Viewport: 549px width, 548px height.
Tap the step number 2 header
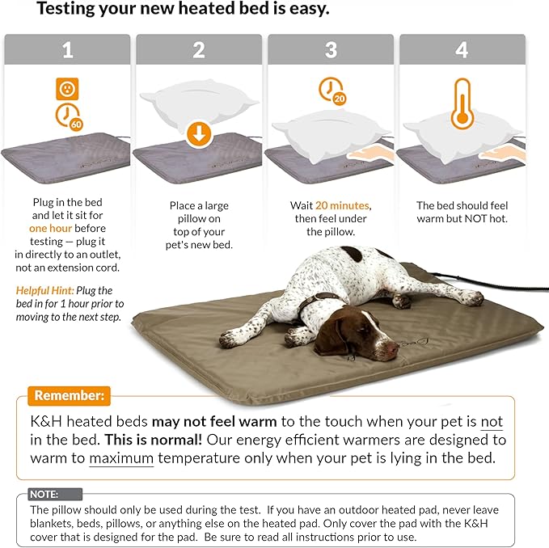[x=198, y=49]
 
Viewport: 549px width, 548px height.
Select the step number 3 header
[x=330, y=49]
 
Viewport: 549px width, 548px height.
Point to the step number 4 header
[x=462, y=49]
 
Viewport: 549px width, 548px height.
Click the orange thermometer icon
[x=462, y=103]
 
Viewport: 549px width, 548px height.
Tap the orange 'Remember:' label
[x=69, y=397]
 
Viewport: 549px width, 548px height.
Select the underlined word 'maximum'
[x=121, y=460]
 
